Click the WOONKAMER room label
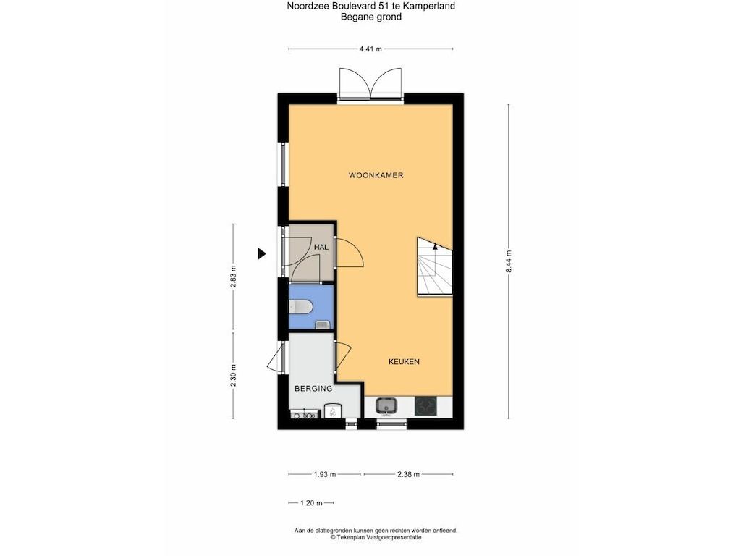(x=376, y=175)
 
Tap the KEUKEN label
(x=404, y=362)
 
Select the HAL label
(x=321, y=248)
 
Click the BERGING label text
(x=313, y=389)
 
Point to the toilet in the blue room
(x=300, y=308)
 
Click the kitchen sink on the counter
(x=386, y=405)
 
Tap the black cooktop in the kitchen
(x=425, y=406)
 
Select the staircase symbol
(x=434, y=266)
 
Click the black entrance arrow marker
(x=262, y=254)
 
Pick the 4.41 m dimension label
(x=370, y=49)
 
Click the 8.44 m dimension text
(x=509, y=261)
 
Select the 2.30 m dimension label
(x=233, y=376)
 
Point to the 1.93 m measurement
(x=325, y=474)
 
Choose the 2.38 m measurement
(x=408, y=474)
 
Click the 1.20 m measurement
(x=311, y=503)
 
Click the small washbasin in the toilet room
(x=322, y=324)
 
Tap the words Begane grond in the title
(x=371, y=17)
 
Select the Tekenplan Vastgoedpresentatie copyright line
(x=376, y=537)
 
